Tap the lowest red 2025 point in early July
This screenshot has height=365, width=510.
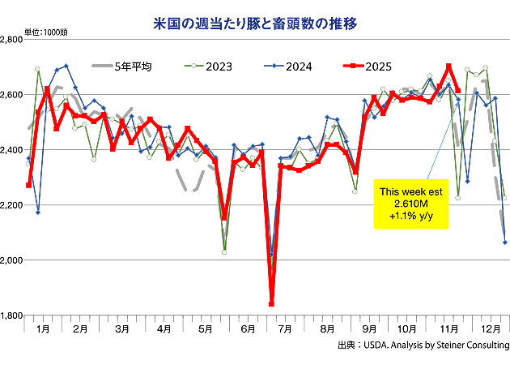pos(271,304)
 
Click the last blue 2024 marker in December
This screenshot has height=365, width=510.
pos(505,242)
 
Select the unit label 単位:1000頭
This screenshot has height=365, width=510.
pos(45,32)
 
